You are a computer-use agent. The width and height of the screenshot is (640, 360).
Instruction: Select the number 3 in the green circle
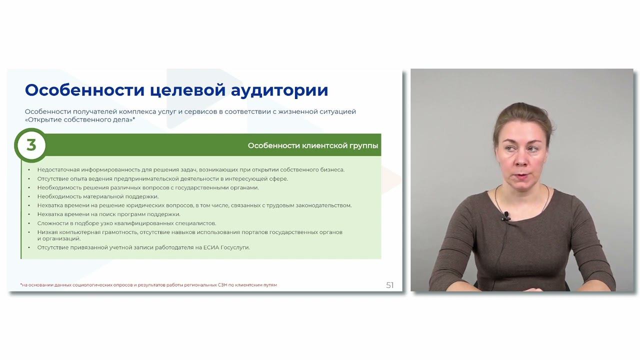click(31, 145)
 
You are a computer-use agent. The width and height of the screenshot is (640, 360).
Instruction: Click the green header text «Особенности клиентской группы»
click(313, 146)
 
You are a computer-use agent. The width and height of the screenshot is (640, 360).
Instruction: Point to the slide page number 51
click(390, 285)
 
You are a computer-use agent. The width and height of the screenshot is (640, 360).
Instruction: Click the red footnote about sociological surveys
click(148, 285)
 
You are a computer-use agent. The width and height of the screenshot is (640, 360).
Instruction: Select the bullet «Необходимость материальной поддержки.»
click(97, 196)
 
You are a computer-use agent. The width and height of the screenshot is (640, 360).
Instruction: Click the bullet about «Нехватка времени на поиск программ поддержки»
click(108, 214)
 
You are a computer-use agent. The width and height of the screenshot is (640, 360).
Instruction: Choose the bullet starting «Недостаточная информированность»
click(190, 170)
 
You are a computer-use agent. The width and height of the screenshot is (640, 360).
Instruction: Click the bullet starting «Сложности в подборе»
click(126, 223)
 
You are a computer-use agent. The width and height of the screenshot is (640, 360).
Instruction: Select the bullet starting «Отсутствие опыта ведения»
click(162, 179)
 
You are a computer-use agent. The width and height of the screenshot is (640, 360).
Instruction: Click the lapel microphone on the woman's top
click(506, 216)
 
